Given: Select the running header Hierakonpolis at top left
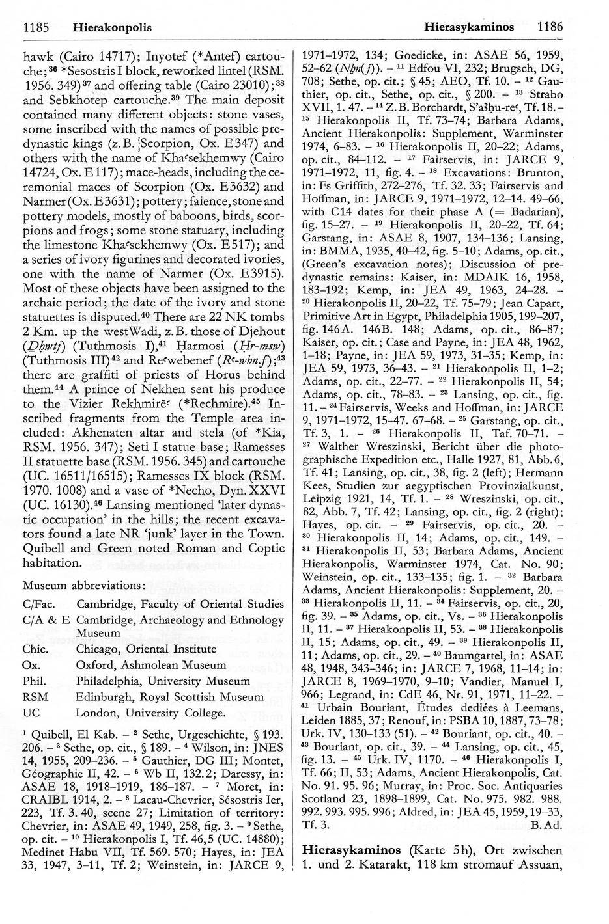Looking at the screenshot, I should point(112,27).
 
